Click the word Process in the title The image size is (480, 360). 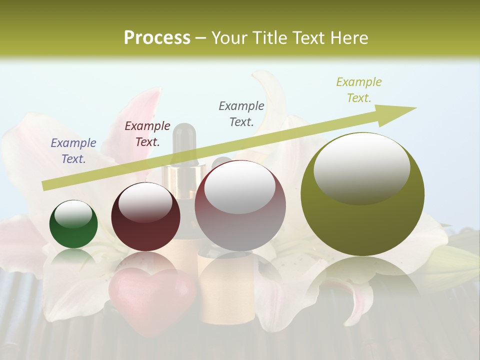(157, 38)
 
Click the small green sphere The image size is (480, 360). (73, 224)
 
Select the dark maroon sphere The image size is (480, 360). (145, 217)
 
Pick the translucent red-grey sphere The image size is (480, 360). (240, 205)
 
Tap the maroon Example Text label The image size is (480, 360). (147, 134)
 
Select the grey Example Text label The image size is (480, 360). (241, 113)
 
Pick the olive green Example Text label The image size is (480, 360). (359, 90)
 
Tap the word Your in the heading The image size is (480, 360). (230, 38)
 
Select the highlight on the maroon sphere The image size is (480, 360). (145, 202)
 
